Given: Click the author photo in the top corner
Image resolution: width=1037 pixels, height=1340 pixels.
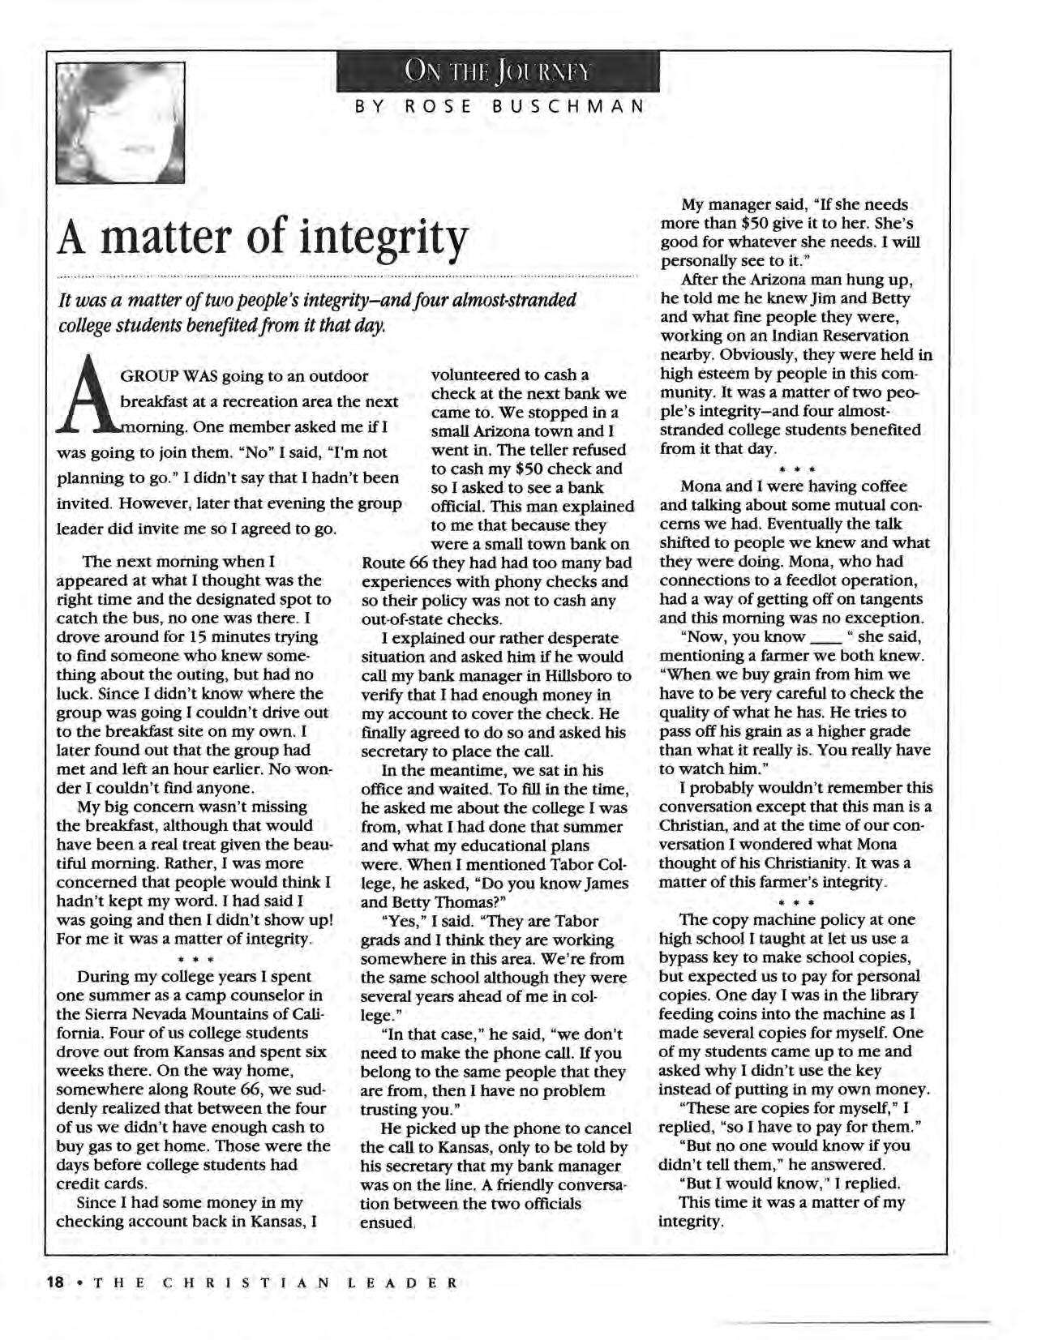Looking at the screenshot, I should pyautogui.click(x=120, y=122).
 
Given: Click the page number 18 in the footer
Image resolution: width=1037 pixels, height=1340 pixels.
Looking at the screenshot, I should pyautogui.click(x=55, y=1282).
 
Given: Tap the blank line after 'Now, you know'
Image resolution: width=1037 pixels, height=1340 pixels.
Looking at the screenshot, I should pyautogui.click(x=824, y=637).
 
